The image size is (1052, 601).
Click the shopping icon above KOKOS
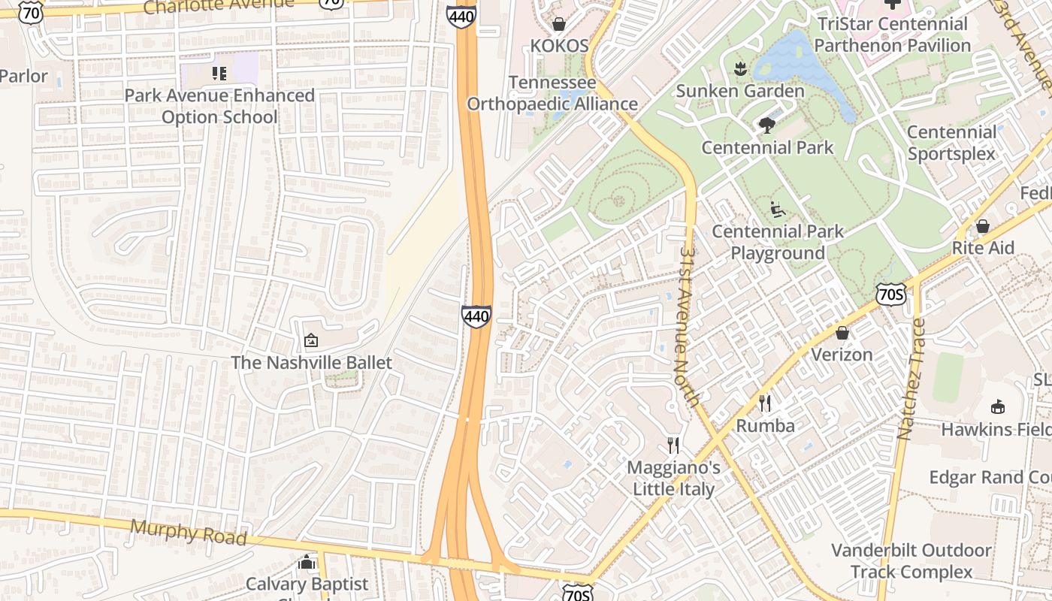[558, 24]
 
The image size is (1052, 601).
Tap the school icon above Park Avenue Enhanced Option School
[219, 74]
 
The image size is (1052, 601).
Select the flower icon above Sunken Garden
[740, 69]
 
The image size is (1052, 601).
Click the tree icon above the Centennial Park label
[767, 125]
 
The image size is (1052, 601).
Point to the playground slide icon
[778, 210]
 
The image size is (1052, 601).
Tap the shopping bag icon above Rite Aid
[982, 226]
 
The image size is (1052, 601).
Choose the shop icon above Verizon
[842, 333]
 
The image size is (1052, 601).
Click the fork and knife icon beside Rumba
[765, 403]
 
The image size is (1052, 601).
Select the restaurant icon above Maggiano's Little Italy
[673, 445]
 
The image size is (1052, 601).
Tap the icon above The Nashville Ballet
[311, 341]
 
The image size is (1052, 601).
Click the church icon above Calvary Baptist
[307, 562]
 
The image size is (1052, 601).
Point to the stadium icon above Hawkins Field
[997, 407]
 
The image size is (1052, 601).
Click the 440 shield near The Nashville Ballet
[476, 316]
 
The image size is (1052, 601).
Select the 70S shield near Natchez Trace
[890, 295]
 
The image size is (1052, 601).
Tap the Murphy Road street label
[189, 532]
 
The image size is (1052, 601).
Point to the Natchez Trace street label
[911, 379]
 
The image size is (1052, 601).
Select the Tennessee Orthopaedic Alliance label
[552, 93]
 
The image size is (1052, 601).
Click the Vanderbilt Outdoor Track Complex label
[911, 561]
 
